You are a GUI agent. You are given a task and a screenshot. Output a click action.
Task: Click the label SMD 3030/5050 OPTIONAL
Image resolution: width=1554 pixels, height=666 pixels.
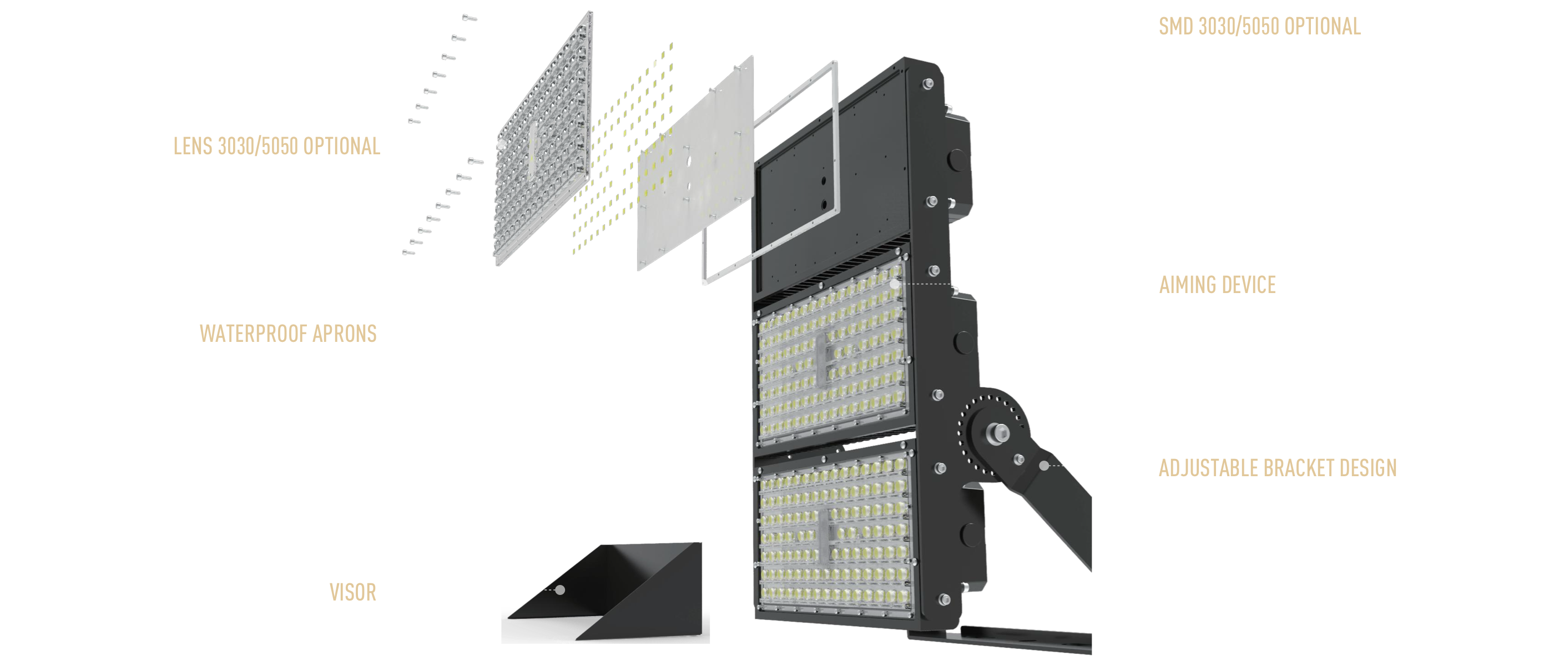tap(1260, 27)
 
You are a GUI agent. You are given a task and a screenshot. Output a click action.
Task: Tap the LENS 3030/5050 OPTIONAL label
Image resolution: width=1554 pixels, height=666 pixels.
tap(277, 147)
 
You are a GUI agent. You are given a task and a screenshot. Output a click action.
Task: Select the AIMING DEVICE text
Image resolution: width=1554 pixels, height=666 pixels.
tap(1217, 285)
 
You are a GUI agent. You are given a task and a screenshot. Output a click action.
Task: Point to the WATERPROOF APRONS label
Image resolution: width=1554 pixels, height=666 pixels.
tap(289, 334)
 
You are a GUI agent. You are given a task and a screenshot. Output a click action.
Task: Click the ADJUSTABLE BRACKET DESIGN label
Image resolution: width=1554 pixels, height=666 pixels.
tap(1278, 468)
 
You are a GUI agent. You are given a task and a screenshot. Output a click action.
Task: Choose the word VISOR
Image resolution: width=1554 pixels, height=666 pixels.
tap(353, 592)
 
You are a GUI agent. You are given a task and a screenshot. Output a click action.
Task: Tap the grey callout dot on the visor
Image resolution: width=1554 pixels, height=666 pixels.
tap(561, 589)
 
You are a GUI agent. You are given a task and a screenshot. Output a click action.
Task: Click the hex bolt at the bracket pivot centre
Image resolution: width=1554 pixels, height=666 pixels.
tap(997, 432)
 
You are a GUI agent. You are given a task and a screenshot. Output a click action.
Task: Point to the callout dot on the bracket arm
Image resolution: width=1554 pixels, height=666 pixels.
tap(1045, 466)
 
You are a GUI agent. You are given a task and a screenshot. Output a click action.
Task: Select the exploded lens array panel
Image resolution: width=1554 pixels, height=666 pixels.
tap(543, 139)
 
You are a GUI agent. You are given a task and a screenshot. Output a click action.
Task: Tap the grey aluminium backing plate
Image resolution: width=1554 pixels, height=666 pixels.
tap(695, 163)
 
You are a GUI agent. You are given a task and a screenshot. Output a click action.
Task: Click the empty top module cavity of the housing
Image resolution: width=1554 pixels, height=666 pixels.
tap(833, 181)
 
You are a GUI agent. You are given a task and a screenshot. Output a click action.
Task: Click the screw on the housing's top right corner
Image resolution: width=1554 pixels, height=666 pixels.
tap(929, 84)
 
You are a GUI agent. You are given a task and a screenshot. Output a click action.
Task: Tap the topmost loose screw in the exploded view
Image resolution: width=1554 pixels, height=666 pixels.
tap(470, 18)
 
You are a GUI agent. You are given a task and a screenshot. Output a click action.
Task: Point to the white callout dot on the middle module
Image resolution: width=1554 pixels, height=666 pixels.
tap(894, 283)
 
